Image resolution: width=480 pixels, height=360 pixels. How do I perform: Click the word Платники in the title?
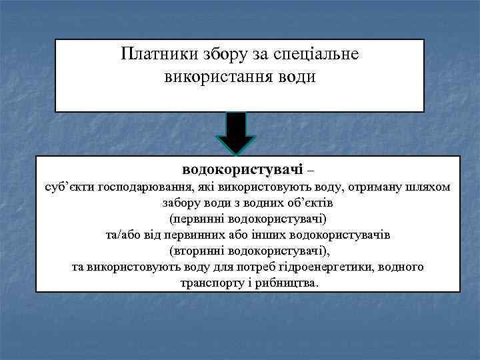pos(157,54)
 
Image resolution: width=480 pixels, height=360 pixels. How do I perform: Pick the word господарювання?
pos(141,188)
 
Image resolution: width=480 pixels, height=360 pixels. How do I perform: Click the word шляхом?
pos(427,188)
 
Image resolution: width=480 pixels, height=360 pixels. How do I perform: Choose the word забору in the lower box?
pos(181,203)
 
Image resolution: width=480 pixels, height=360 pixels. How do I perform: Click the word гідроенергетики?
pos(339,267)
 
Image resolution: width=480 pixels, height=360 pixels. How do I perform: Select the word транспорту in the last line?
pos(210,283)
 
